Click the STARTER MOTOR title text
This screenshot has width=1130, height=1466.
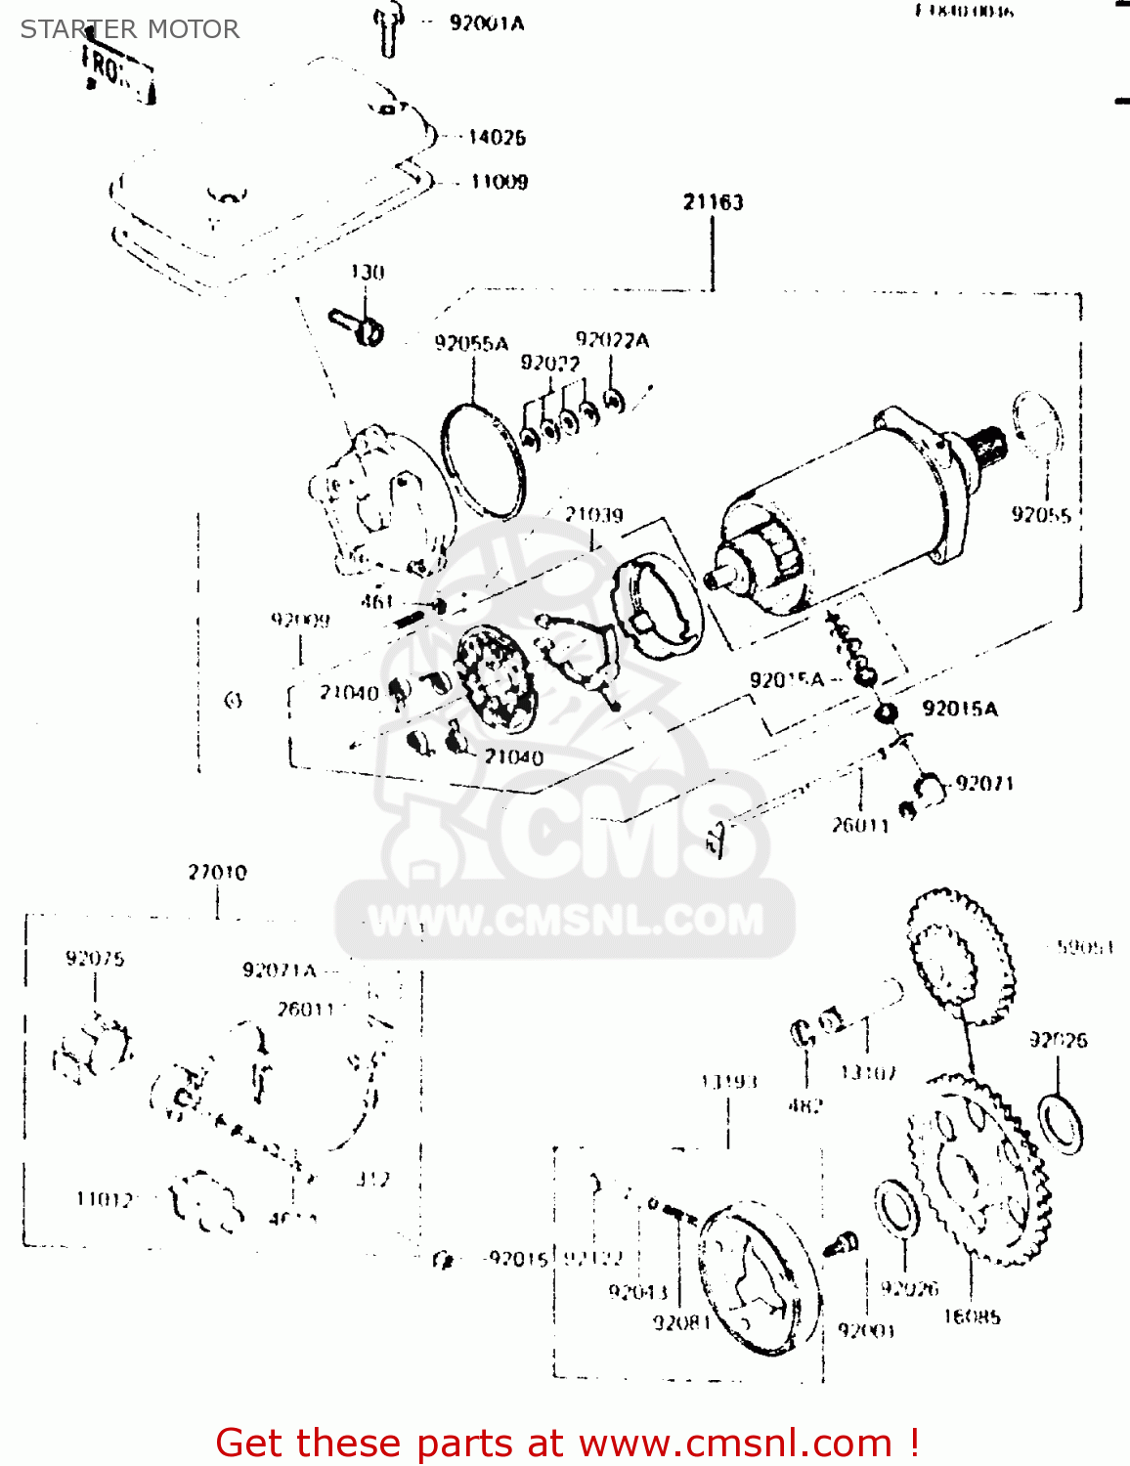130,29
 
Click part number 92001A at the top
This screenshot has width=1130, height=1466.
487,22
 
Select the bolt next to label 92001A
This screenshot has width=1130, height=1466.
388,30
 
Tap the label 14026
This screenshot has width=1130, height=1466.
497,138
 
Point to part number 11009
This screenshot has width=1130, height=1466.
500,182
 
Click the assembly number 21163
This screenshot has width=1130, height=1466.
713,202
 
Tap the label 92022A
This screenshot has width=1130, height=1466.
612,340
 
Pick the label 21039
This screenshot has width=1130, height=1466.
593,514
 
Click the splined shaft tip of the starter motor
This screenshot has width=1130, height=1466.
990,446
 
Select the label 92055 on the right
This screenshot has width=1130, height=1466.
1041,515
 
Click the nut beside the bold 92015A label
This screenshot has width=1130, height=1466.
885,711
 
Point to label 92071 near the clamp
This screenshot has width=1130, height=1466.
985,784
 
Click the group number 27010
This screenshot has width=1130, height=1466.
217,872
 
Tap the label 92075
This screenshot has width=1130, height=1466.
95,958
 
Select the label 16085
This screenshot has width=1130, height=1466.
972,1316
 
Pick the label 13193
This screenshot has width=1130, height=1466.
728,1081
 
